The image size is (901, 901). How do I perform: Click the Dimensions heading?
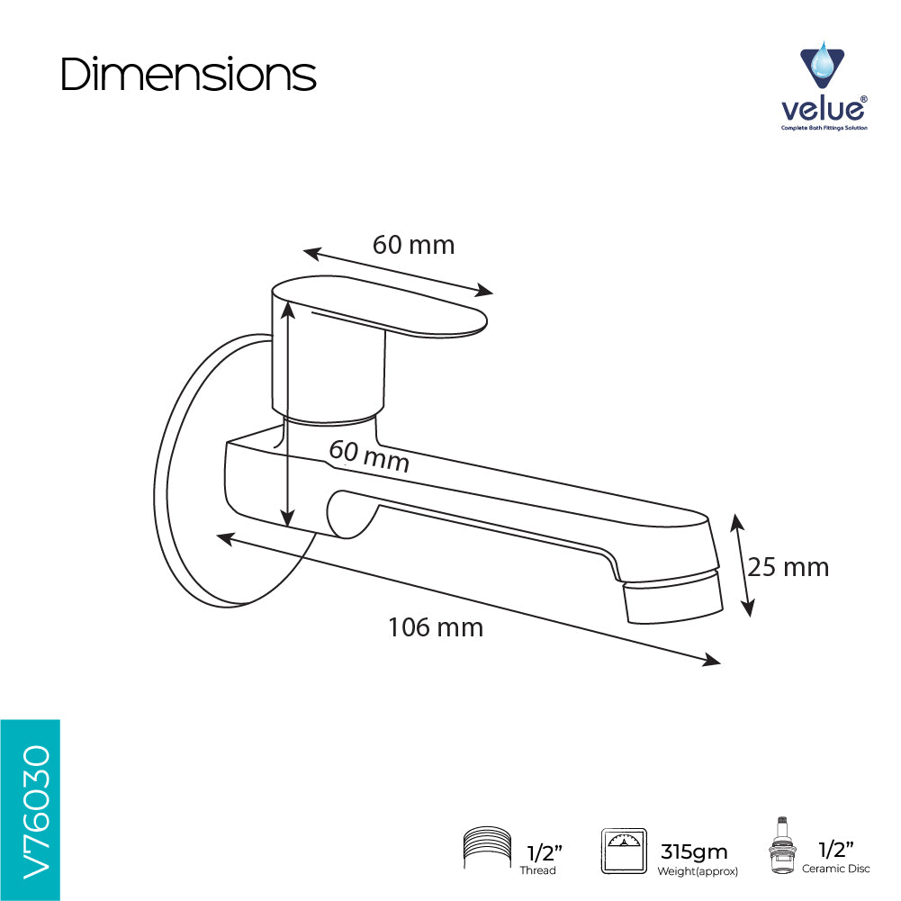(x=188, y=74)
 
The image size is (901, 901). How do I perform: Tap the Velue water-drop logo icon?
(x=823, y=65)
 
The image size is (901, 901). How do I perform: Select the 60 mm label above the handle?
(x=414, y=245)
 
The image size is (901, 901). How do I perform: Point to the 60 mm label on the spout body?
(x=369, y=456)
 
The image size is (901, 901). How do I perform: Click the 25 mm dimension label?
(x=788, y=567)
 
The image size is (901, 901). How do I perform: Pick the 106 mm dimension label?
(x=436, y=626)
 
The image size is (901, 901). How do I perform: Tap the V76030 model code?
(x=36, y=813)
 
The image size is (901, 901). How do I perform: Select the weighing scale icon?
(x=624, y=851)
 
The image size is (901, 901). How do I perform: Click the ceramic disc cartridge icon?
(x=781, y=844)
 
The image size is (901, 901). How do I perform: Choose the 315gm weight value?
(x=694, y=851)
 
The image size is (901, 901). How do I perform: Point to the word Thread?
(x=538, y=870)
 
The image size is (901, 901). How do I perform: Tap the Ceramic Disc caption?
(x=836, y=869)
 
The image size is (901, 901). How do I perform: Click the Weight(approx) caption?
(x=698, y=871)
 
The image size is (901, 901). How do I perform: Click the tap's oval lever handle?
(x=379, y=306)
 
